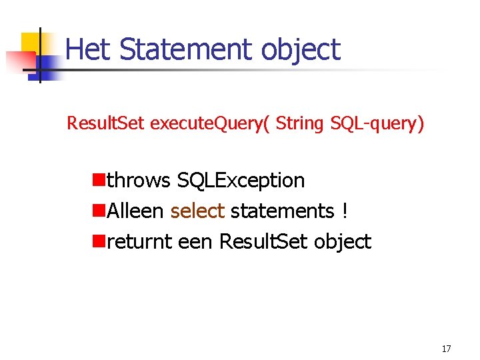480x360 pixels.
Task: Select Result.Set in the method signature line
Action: pyautogui.click(x=105, y=123)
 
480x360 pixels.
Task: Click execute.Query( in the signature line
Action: pyautogui.click(x=210, y=124)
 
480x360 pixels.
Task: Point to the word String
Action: pyautogui.click(x=300, y=124)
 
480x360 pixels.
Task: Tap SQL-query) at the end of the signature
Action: pyautogui.click(x=377, y=124)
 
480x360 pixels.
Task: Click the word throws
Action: pyautogui.click(x=139, y=180)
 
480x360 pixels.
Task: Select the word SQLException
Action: pyautogui.click(x=241, y=180)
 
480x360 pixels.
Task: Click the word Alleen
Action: pyautogui.click(x=135, y=211)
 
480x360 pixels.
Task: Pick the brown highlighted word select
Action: pyautogui.click(x=197, y=211)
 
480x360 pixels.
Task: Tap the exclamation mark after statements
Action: pyautogui.click(x=344, y=211)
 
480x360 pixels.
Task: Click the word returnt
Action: pyautogui.click(x=140, y=241)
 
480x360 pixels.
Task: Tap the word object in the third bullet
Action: pyautogui.click(x=341, y=242)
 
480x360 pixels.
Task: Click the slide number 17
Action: pyautogui.click(x=446, y=349)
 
